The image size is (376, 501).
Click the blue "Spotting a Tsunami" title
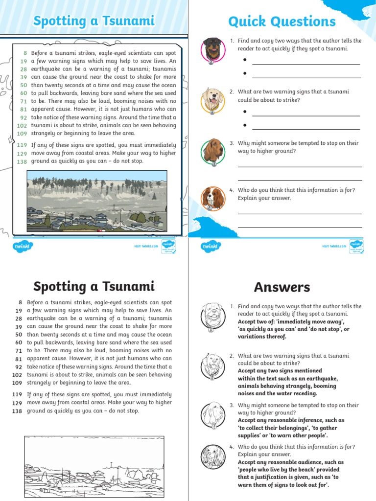(94, 21)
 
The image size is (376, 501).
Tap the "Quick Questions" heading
(282, 22)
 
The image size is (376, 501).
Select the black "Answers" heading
(282, 287)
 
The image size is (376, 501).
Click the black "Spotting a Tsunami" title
(94, 286)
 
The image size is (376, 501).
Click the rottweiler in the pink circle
(212, 49)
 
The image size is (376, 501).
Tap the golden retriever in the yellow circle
(212, 100)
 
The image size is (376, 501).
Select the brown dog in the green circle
(212, 151)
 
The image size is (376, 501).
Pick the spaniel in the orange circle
(212, 198)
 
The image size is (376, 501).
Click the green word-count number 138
(22, 161)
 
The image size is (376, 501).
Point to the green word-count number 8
(24, 53)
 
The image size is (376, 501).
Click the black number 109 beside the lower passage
(17, 383)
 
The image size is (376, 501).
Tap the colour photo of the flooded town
(96, 201)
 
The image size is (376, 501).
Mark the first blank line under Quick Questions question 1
(306, 64)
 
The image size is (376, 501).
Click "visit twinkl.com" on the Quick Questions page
(334, 246)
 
